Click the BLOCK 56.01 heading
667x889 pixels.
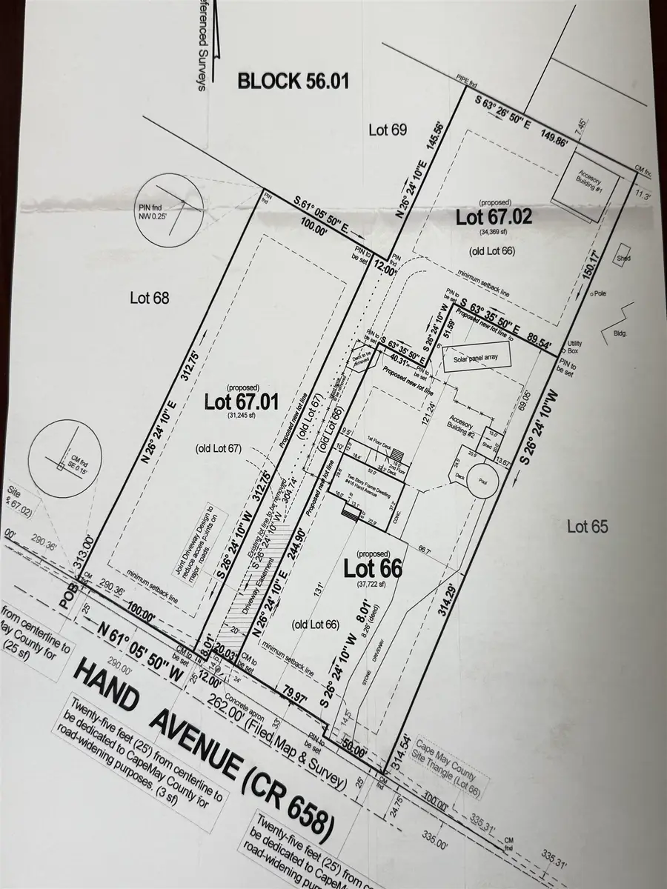292,81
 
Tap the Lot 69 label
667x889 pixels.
388,130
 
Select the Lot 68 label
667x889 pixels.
150,299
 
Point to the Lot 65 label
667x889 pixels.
588,527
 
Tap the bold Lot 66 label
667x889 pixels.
373,568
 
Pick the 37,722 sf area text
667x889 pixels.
368,585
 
